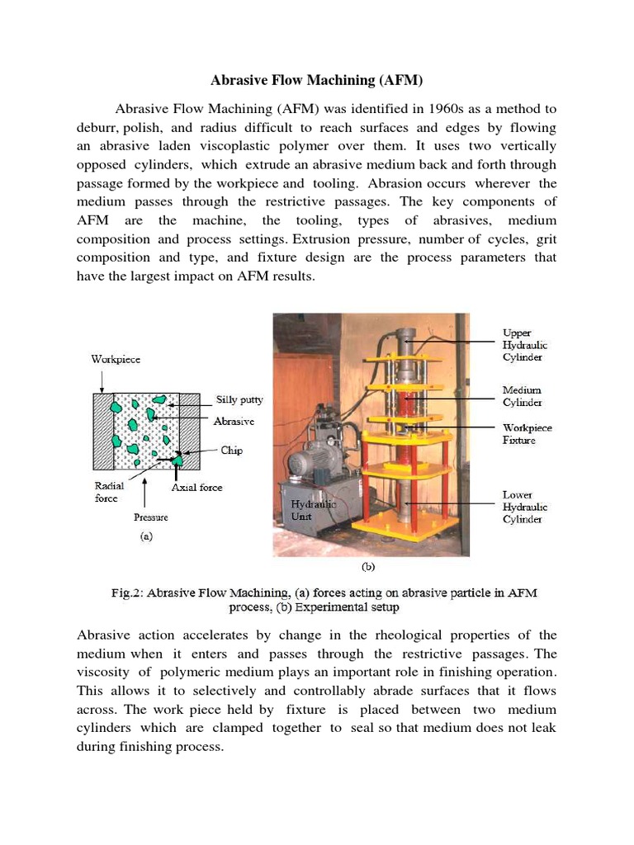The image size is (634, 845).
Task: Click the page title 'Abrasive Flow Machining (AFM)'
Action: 317,80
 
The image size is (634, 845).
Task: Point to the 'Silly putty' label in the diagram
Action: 239,400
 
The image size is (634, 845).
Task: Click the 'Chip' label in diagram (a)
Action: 232,451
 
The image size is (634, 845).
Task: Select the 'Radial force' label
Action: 110,492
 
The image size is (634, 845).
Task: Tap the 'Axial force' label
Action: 196,488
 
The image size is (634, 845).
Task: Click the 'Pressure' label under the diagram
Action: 151,517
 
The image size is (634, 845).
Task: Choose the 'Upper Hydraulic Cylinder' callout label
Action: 526,345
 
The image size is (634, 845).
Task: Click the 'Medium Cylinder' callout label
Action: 523,396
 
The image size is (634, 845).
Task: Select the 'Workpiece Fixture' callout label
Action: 528,434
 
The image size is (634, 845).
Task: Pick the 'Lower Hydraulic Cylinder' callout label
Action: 526,507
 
